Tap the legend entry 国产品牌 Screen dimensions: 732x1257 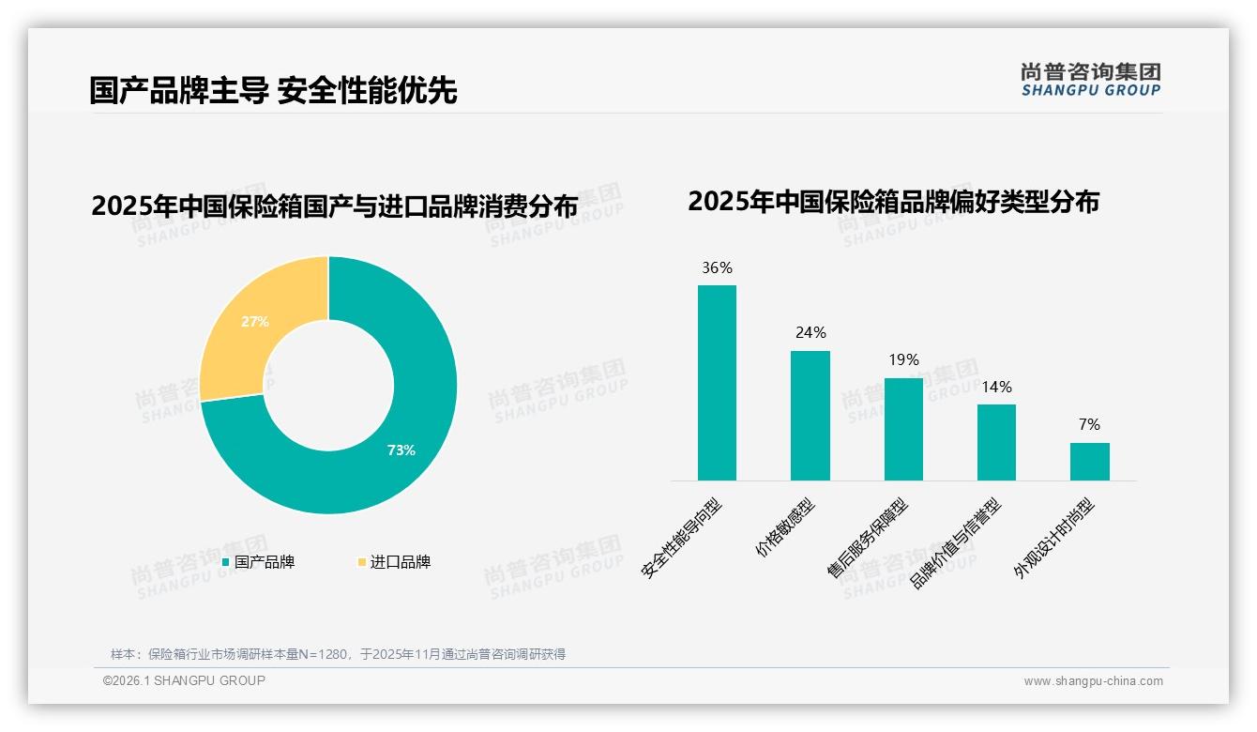[260, 562]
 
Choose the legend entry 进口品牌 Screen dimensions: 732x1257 [395, 562]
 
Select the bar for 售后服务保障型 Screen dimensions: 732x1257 [903, 429]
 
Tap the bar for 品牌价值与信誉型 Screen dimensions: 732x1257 [996, 442]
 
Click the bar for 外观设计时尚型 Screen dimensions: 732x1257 [1089, 462]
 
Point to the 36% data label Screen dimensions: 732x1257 [717, 268]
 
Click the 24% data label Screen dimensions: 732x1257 [810, 333]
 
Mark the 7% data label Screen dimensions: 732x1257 [1089, 425]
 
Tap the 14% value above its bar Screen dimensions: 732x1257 [996, 387]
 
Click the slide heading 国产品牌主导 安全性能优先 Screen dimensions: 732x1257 [273, 91]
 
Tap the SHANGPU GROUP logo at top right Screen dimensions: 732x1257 [1090, 80]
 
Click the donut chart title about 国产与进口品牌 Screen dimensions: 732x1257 [334, 206]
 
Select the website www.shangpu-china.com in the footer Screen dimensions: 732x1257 [1093, 681]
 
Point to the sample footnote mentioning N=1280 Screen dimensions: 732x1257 [338, 654]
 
